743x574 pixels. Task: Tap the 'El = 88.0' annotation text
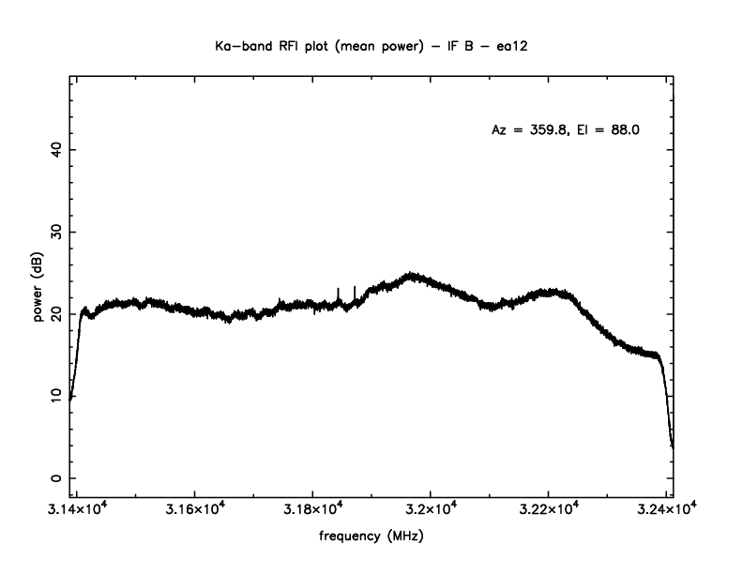(608, 131)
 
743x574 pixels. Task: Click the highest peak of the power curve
(411, 274)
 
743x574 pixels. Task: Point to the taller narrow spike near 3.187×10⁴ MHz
(355, 287)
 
